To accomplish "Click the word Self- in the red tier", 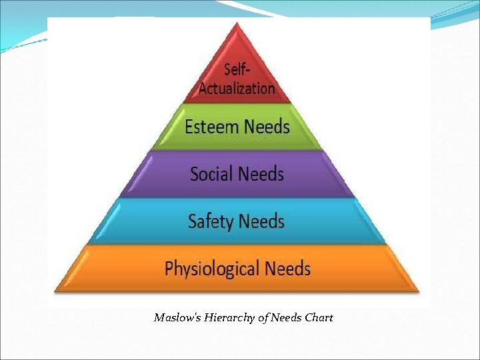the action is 237,69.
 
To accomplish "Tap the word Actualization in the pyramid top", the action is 237,87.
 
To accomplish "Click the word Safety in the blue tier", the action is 210,221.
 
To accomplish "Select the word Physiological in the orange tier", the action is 211,269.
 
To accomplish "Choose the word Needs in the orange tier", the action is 287,269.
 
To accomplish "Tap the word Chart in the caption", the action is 319,317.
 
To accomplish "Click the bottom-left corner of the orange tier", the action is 55,291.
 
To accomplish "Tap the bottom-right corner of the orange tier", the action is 419,291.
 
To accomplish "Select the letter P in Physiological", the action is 169,269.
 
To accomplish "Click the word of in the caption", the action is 263,317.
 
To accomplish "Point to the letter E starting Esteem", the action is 189,127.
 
